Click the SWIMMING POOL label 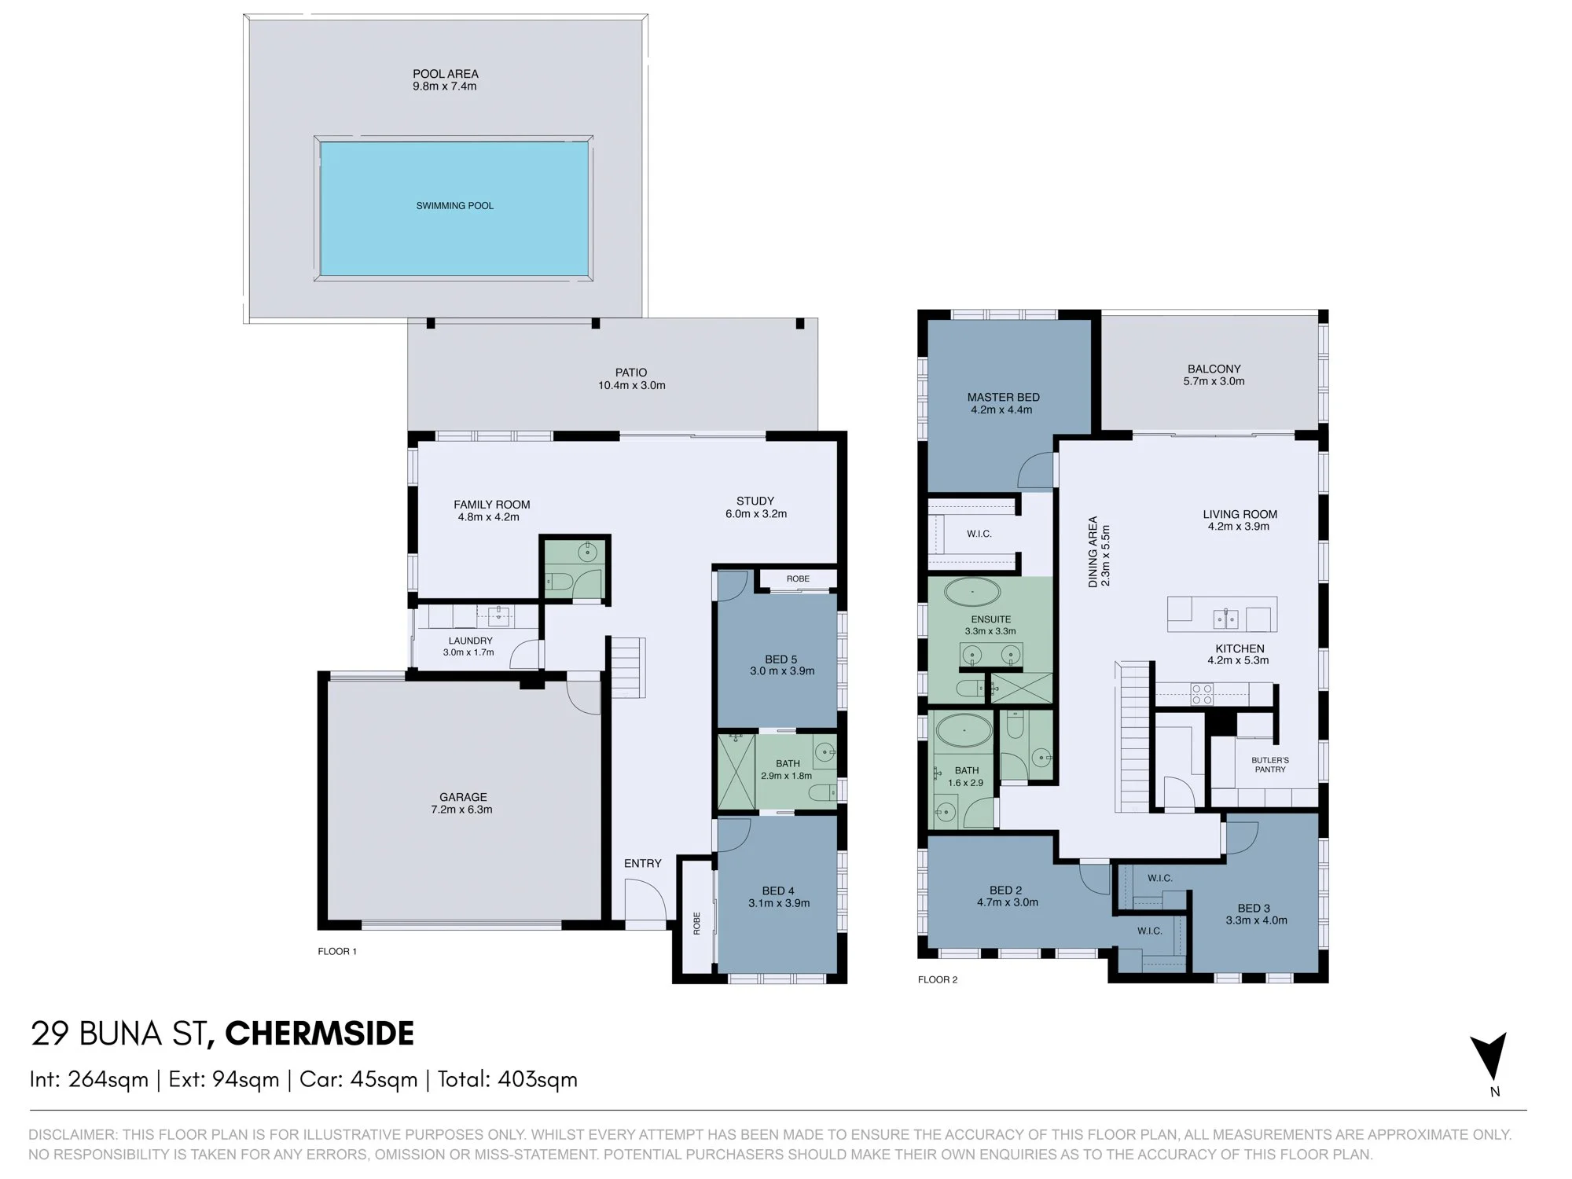tap(454, 206)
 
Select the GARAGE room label tap(463, 797)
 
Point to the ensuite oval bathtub tap(973, 592)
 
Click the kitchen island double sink tap(1226, 619)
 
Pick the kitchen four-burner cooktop tap(1202, 694)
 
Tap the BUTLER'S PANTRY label tap(1270, 765)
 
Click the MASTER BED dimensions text tap(1001, 410)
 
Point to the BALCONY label tap(1214, 369)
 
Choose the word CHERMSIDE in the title tap(319, 1034)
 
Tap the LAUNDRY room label tap(470, 641)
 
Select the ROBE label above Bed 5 tap(798, 578)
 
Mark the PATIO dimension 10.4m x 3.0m tap(631, 386)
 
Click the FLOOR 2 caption tap(938, 979)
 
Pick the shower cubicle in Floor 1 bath tap(736, 771)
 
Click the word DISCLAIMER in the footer tap(72, 1135)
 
